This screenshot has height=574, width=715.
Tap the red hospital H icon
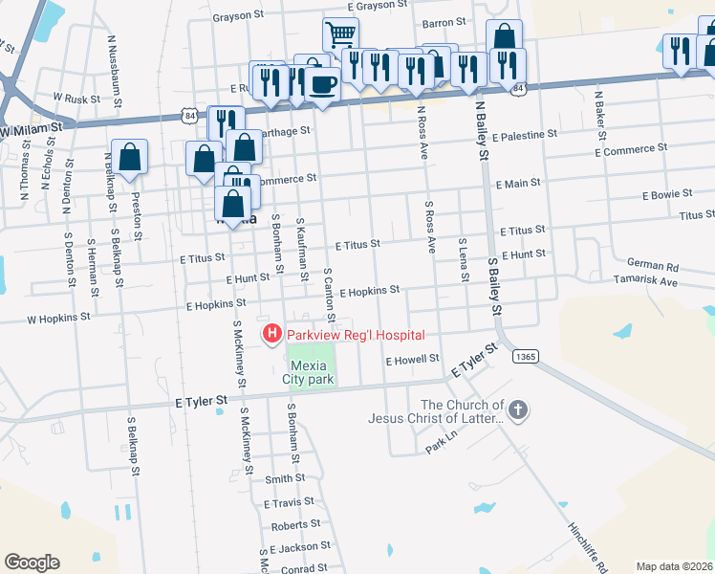[271, 334]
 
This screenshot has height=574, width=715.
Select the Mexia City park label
[311, 372]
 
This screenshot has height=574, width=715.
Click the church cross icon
[518, 410]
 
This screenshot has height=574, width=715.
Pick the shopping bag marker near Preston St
[129, 158]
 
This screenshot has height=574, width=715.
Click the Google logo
[32, 562]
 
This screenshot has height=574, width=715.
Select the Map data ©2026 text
[674, 566]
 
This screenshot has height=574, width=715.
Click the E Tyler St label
[202, 402]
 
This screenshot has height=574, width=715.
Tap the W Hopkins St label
[58, 316]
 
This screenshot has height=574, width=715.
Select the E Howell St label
[411, 360]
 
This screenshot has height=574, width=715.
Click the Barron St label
[443, 21]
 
